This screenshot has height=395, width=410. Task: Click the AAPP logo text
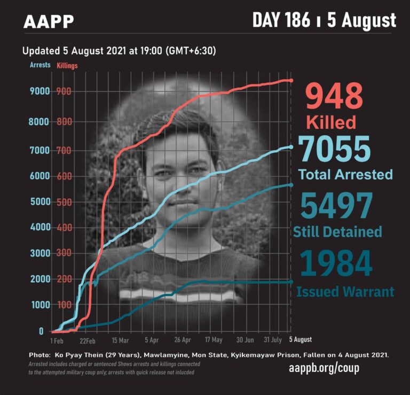pos(49,21)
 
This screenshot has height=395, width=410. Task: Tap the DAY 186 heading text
pos(281,20)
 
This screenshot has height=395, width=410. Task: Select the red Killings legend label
pos(67,65)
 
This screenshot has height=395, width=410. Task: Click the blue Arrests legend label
pos(40,65)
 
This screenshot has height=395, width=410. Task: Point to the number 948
pos(334,96)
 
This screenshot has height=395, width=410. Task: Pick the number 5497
pos(336,206)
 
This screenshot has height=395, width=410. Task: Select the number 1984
pos(336,263)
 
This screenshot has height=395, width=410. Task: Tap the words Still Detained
pos(337,231)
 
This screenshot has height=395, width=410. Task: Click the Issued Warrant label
pos(345,292)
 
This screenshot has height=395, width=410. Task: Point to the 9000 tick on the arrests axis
pos(40,91)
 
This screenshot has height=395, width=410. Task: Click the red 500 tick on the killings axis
pos(64,202)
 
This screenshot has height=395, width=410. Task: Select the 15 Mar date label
pos(121,340)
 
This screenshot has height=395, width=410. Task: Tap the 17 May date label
pos(214,340)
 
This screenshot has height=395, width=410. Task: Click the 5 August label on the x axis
pos(301,339)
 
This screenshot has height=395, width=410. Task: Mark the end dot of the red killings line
pos(291,81)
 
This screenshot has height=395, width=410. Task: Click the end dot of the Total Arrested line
pos(291,147)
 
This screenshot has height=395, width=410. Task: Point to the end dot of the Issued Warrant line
pos(291,282)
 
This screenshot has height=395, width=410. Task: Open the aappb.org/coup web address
pos(324,368)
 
